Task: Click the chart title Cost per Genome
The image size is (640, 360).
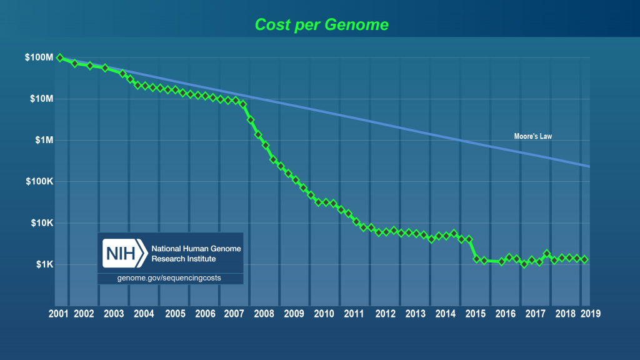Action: click(x=321, y=25)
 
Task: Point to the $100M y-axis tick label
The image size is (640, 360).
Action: click(x=39, y=58)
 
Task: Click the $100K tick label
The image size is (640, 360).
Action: click(x=39, y=182)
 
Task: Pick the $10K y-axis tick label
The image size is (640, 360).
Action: click(x=41, y=223)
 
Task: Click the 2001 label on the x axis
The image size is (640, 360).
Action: click(x=59, y=314)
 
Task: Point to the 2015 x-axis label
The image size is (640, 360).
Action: click(x=476, y=314)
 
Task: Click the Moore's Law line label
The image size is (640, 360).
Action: click(x=532, y=136)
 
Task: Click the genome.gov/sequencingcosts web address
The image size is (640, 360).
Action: click(x=169, y=277)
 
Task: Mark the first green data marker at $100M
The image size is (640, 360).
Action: click(x=60, y=57)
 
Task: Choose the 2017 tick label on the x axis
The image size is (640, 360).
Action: click(x=536, y=314)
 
